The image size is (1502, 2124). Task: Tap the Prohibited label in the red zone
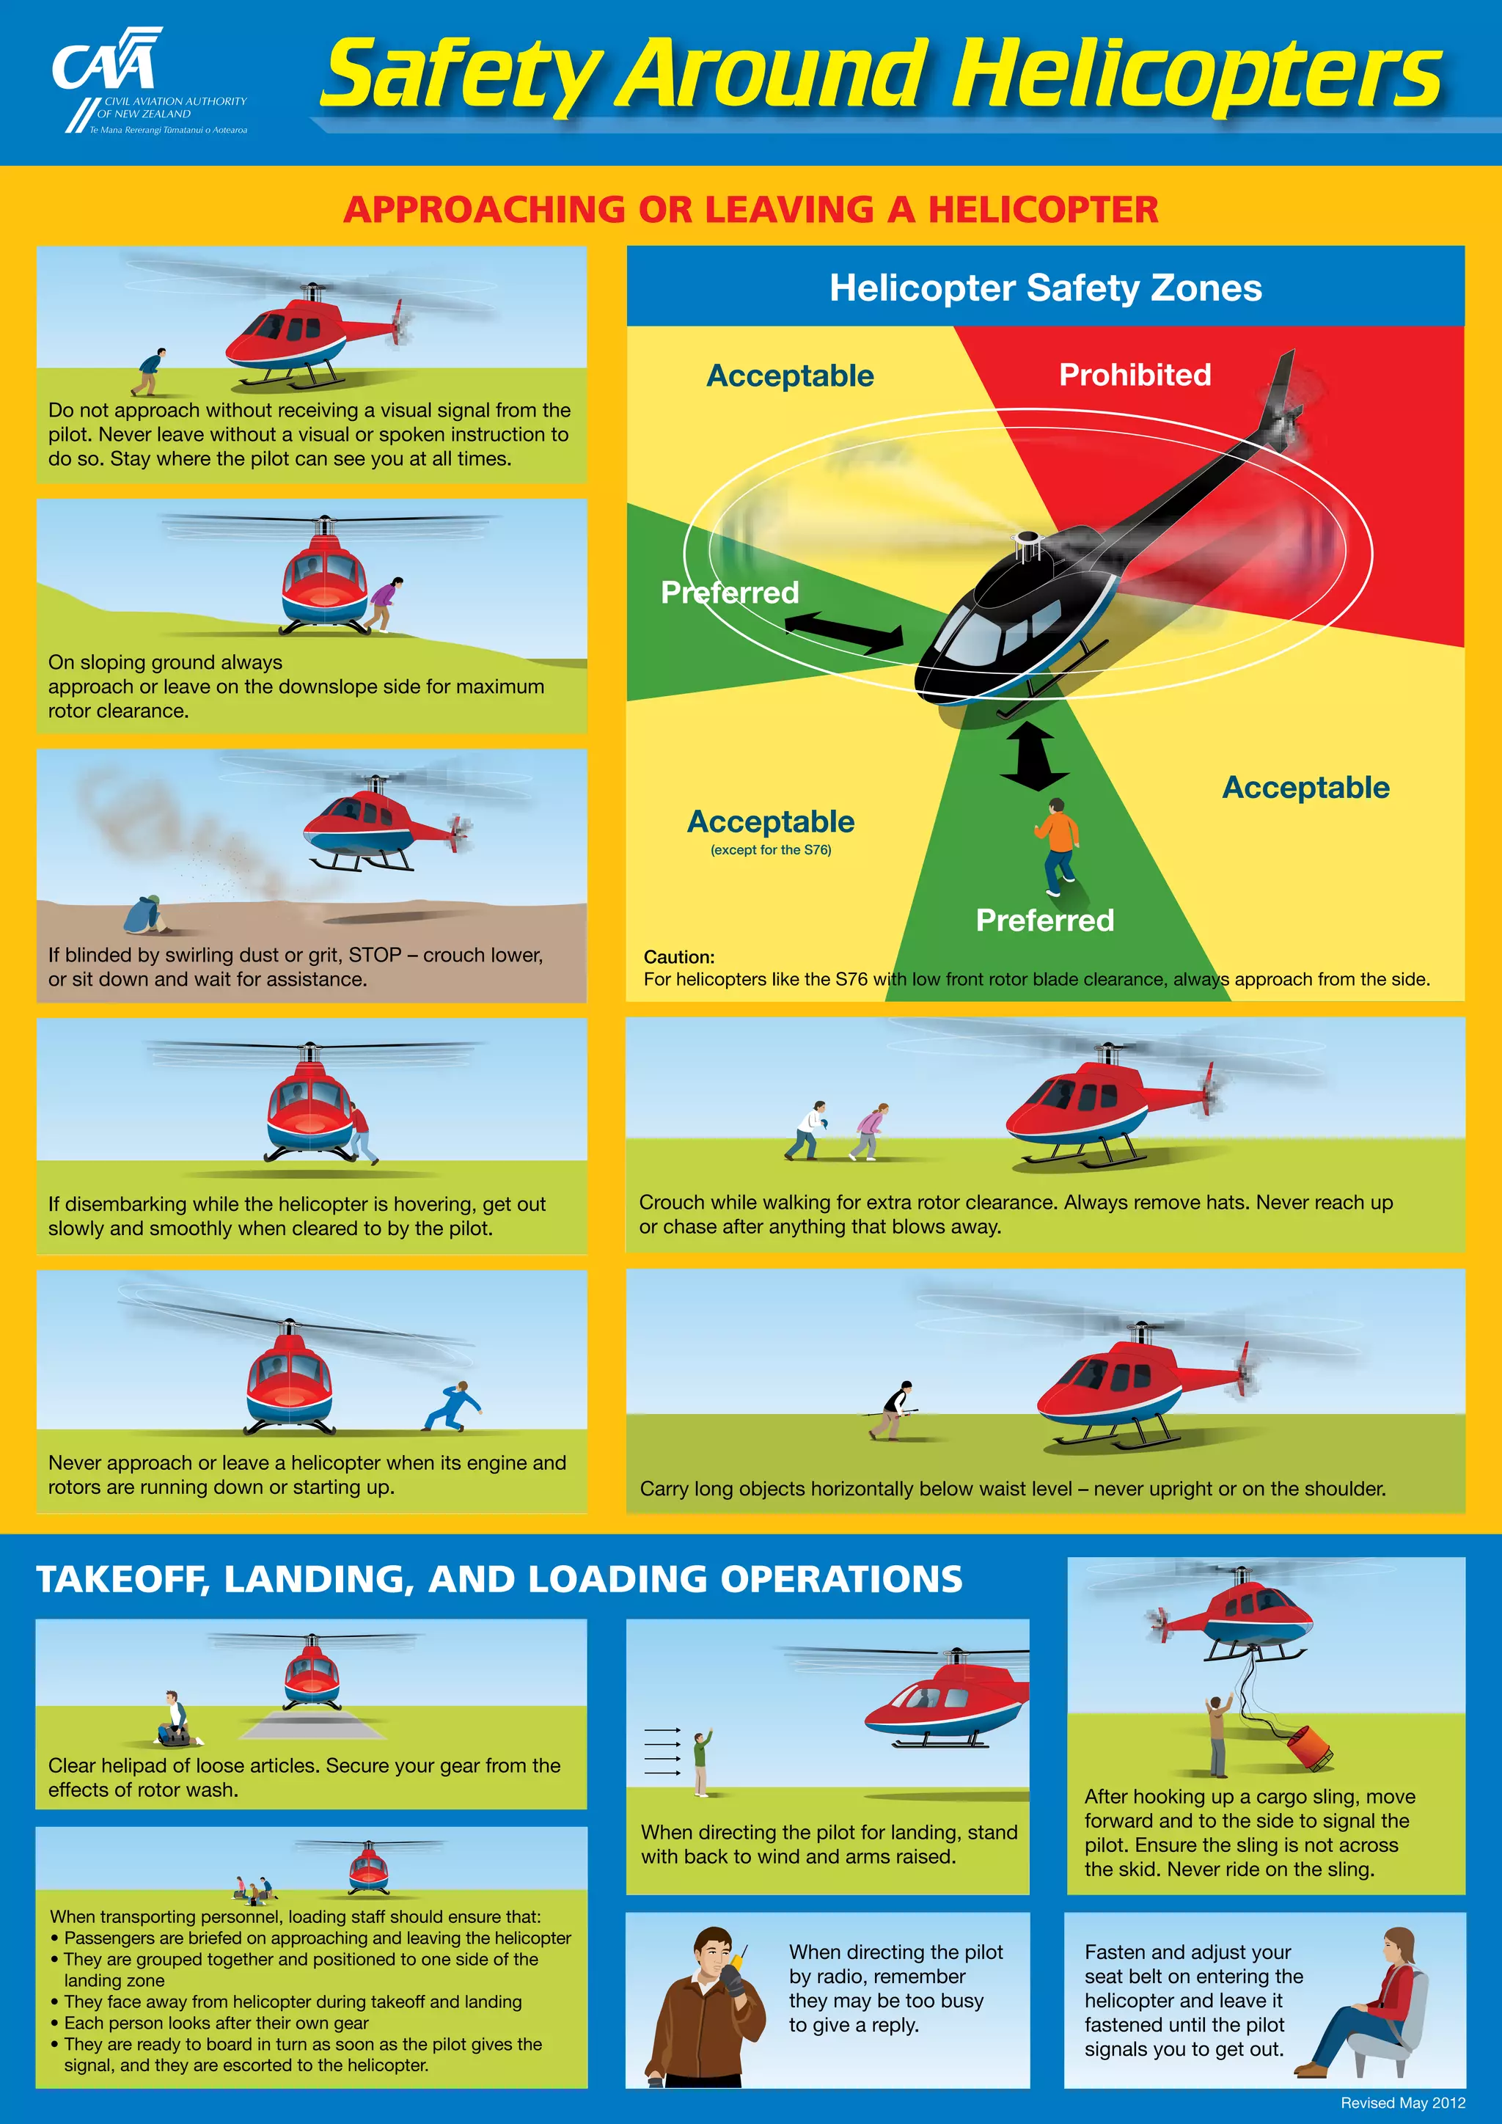tap(1134, 375)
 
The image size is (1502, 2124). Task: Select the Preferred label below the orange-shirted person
tap(1044, 920)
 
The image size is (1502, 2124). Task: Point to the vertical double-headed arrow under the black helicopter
tap(1033, 756)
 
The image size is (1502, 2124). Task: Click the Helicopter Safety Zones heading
tap(1045, 288)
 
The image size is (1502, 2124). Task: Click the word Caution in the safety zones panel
tap(679, 956)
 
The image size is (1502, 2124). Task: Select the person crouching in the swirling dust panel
tap(145, 914)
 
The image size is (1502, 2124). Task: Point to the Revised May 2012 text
tap(1402, 2103)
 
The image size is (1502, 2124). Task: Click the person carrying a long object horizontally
tap(892, 1411)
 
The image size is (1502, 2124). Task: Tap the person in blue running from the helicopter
tap(454, 1407)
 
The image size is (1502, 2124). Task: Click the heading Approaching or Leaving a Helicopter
tap(750, 210)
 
